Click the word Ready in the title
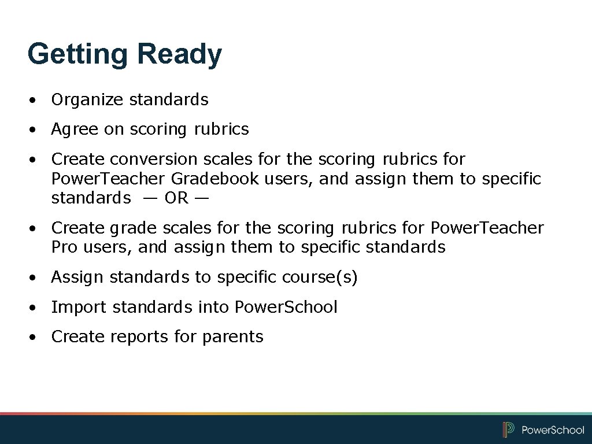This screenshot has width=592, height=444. coord(179,54)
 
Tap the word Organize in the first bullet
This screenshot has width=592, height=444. coord(87,100)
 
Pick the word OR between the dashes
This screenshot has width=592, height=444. coord(176,198)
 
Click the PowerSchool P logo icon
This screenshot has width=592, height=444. coord(509,430)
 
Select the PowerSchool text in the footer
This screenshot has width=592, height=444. coord(553,430)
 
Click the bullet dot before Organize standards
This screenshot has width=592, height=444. coord(35,101)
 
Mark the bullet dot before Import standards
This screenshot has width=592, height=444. coord(35,308)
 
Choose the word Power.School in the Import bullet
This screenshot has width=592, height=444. coord(286,307)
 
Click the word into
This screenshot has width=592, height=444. coord(214,307)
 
